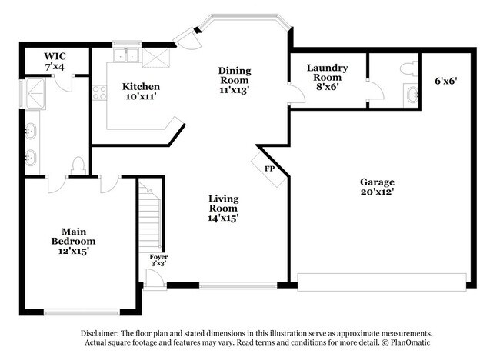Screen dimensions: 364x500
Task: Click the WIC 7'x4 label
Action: (54, 61)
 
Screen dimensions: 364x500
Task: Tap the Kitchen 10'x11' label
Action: (142, 92)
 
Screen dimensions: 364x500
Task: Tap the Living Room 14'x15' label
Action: (223, 208)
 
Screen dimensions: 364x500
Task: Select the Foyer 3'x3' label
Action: (159, 259)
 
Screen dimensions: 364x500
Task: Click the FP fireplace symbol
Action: (269, 168)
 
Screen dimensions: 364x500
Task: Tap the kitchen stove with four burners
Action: (99, 93)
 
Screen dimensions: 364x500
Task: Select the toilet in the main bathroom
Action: (78, 165)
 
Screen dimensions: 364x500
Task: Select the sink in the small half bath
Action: (412, 96)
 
